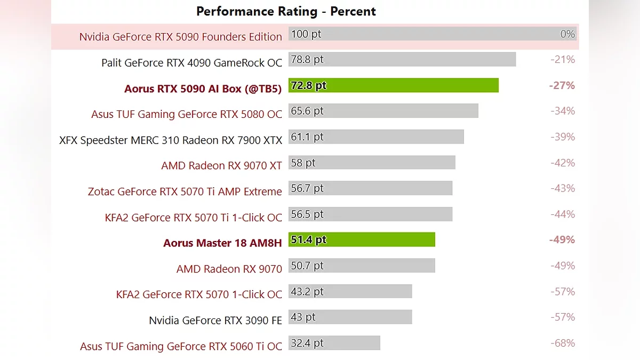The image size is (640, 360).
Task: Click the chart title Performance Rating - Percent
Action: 286,11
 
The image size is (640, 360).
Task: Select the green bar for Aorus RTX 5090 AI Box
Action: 393,85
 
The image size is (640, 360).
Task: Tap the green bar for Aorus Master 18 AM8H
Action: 362,240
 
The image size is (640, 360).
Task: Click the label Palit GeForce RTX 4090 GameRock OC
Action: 191,63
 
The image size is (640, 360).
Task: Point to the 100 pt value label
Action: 307,34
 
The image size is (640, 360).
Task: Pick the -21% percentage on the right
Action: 563,60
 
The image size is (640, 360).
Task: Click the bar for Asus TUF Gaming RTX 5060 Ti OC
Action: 334,343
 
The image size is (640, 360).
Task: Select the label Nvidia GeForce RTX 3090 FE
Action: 215,321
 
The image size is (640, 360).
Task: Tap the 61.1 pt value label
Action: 308,137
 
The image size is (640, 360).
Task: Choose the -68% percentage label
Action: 563,343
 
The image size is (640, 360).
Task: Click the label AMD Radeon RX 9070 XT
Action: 221,166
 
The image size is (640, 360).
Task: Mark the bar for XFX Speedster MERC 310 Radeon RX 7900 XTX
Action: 376,137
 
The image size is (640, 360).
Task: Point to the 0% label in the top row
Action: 567,34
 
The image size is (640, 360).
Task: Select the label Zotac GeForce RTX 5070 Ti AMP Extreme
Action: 185,191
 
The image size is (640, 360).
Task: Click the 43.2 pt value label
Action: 308,292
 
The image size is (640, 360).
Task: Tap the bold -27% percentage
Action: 562,85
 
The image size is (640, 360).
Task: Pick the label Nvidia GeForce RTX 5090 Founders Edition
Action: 180,37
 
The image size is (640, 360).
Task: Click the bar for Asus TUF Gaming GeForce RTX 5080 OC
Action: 383,111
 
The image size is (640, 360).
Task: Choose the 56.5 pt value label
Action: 308,214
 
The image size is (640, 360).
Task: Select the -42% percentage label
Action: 563,163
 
